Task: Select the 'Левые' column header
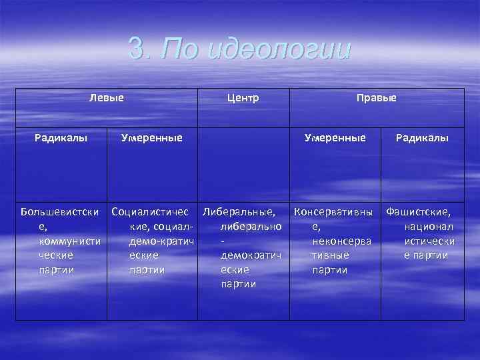(107, 98)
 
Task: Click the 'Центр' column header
(243, 98)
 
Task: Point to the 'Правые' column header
(376, 98)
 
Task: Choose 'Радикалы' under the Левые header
(61, 138)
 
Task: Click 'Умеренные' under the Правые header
(335, 138)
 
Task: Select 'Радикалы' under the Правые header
(422, 138)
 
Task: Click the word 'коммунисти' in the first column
(70, 241)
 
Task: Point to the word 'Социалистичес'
(155, 213)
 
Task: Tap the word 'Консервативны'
(333, 213)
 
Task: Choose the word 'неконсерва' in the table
(341, 241)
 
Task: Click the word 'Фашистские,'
(418, 213)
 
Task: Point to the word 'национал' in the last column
(429, 227)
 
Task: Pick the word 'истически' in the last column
(430, 241)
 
